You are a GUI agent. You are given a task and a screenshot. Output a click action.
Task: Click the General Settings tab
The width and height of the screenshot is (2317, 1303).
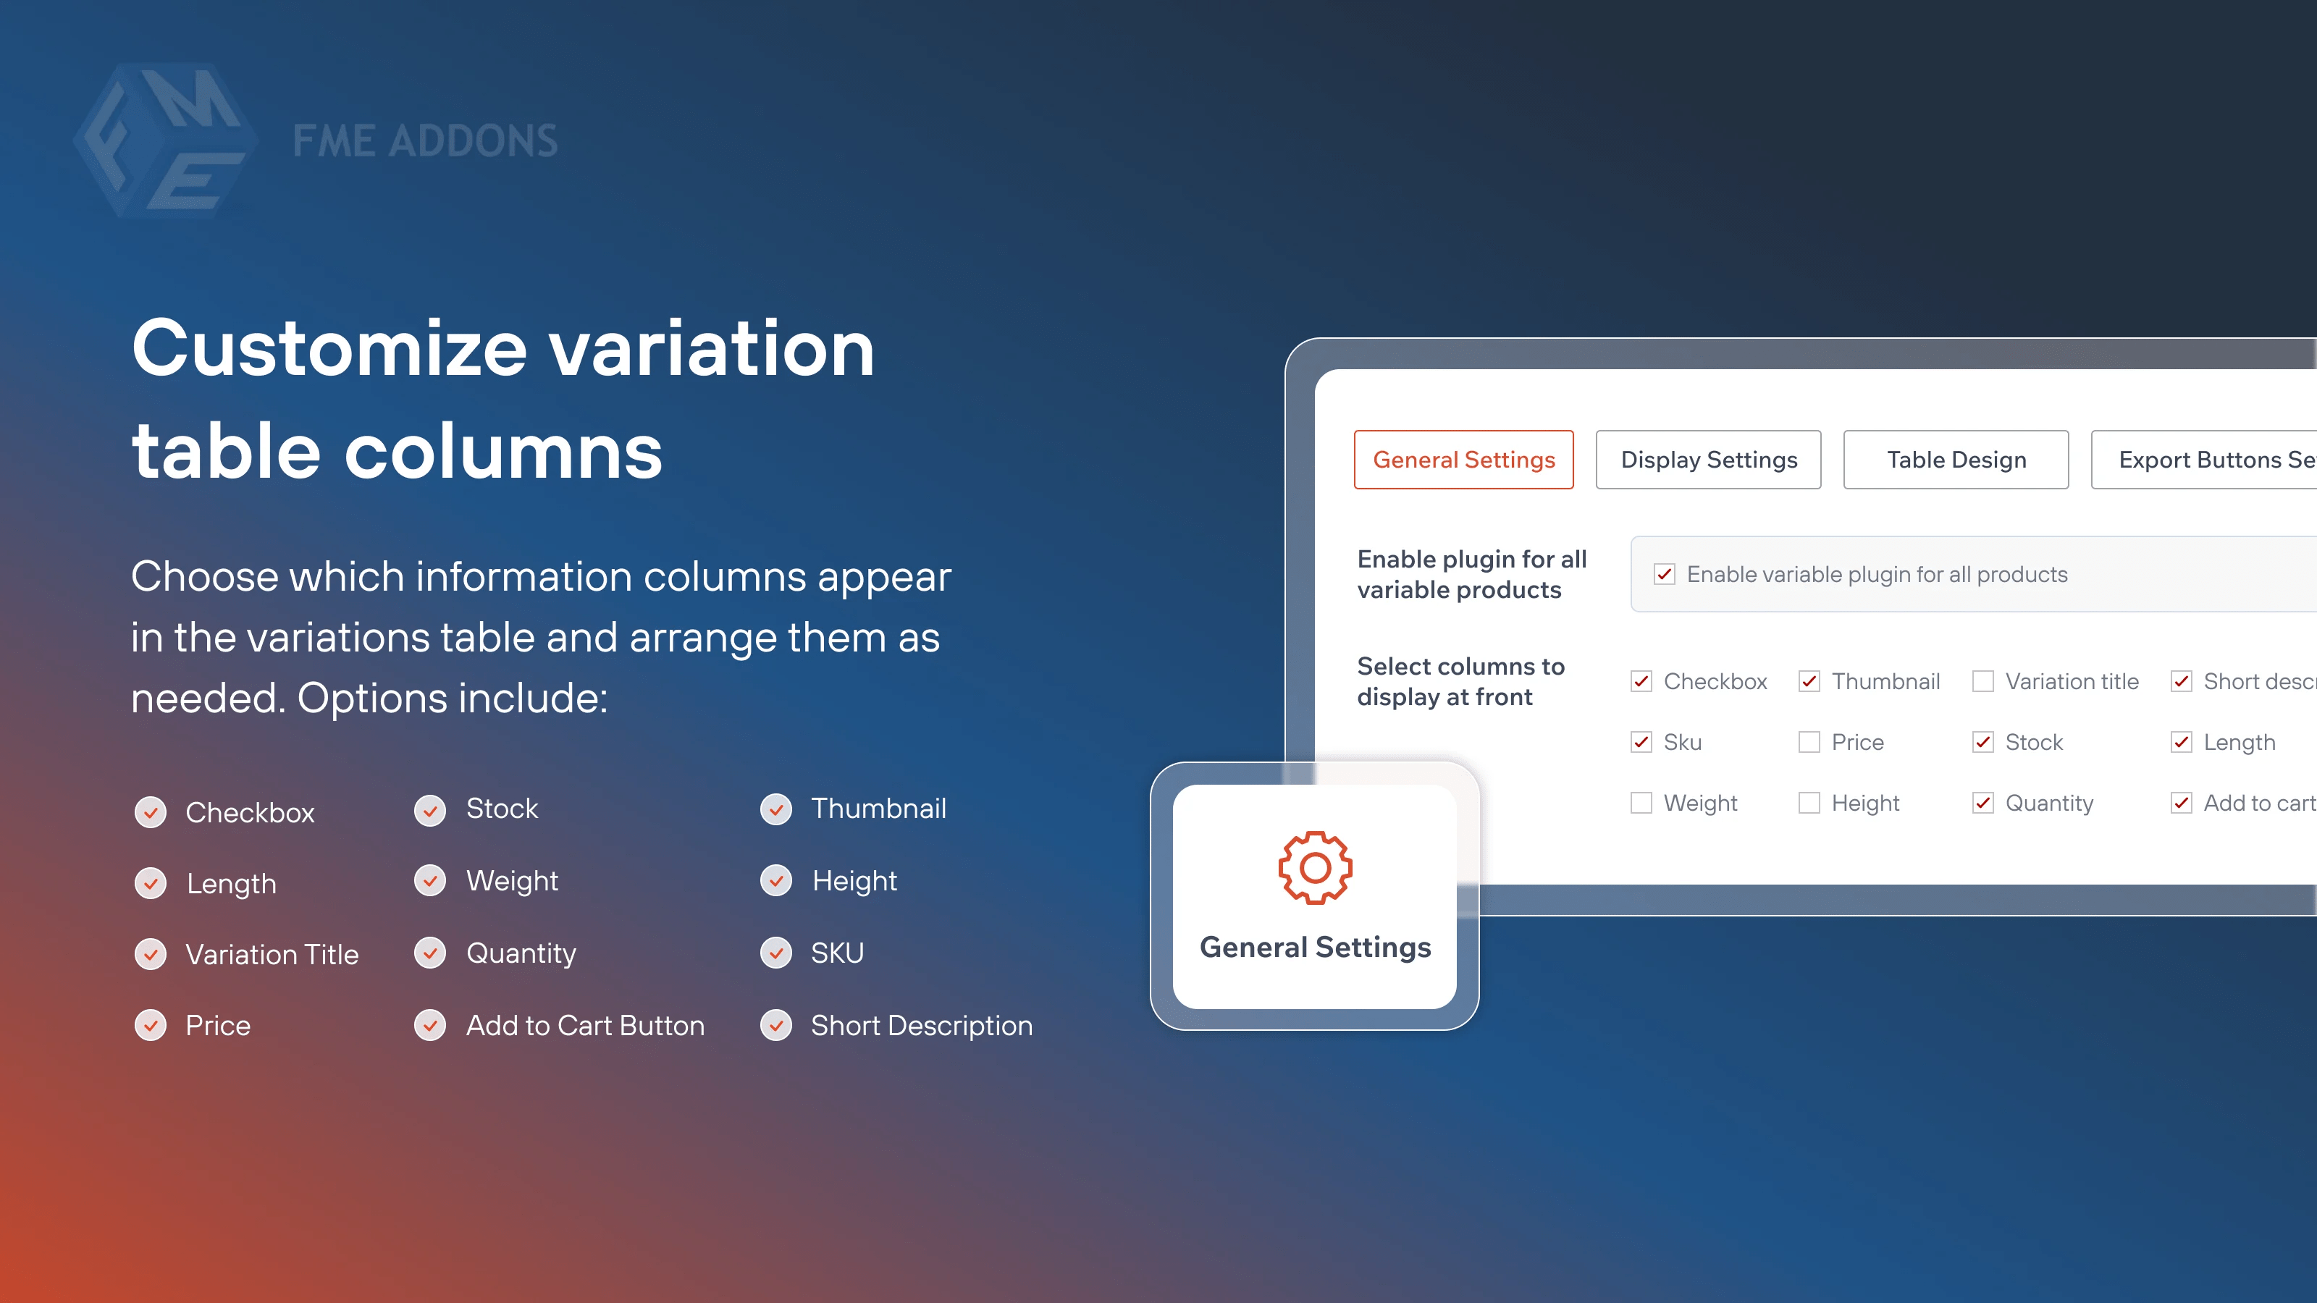coord(1463,460)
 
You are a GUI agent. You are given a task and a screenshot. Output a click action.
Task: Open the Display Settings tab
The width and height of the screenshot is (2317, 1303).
coord(1708,460)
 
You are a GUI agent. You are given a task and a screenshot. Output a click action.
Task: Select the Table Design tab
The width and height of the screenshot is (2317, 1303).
coord(1956,460)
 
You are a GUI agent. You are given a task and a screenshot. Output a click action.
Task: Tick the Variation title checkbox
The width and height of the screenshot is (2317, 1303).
coord(1982,682)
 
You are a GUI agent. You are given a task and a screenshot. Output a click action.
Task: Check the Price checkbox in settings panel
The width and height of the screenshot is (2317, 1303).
coord(1809,742)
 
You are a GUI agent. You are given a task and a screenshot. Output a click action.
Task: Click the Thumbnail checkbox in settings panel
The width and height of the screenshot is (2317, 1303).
coord(1809,682)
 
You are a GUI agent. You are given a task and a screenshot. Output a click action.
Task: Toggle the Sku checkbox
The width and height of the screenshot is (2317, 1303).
coord(1641,742)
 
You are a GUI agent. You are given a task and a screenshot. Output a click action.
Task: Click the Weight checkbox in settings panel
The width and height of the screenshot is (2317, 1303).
coord(1641,803)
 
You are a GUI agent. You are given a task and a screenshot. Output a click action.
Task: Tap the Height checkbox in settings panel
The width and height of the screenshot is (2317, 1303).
coord(1809,803)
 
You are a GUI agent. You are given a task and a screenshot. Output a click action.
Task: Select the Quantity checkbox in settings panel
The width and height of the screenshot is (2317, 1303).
coord(1982,803)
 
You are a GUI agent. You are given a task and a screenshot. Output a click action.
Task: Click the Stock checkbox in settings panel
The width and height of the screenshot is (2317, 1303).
coord(1982,742)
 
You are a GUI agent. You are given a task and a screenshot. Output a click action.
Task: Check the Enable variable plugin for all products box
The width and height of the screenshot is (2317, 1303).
coord(1664,575)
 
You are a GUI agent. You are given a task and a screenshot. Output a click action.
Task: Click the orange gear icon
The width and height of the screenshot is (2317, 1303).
coord(1315,868)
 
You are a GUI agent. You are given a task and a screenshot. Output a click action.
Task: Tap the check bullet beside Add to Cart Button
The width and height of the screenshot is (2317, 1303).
coord(430,1025)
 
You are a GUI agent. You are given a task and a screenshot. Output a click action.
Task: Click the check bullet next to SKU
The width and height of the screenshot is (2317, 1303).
coord(776,953)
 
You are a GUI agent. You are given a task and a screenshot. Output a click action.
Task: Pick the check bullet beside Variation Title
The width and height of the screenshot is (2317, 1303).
coord(150,954)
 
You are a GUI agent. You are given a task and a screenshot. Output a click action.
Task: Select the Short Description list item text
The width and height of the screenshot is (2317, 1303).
coord(921,1025)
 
